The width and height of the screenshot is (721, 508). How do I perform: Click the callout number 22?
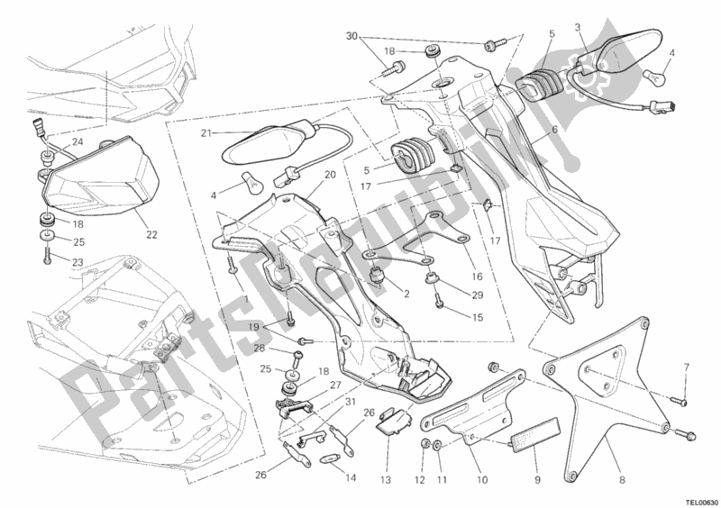(x=151, y=234)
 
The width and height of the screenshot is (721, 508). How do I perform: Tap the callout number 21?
(x=206, y=133)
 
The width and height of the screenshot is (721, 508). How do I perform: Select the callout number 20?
(x=330, y=175)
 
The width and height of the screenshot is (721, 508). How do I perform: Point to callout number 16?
(x=477, y=277)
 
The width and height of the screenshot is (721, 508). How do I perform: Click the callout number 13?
(x=386, y=480)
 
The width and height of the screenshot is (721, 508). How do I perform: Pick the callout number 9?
(x=537, y=480)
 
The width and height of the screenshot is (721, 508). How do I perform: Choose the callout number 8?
(x=622, y=480)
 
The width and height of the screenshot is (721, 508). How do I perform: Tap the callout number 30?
(x=351, y=36)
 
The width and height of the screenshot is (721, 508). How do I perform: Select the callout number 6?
(x=555, y=130)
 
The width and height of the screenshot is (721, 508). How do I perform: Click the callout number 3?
(x=578, y=28)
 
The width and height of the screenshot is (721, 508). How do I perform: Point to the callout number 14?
(x=351, y=478)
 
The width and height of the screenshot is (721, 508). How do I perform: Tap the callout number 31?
(x=351, y=402)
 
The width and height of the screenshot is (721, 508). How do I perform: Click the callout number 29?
(x=478, y=295)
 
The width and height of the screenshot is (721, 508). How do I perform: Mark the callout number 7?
(x=686, y=367)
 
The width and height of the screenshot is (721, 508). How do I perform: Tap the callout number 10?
(x=481, y=480)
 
